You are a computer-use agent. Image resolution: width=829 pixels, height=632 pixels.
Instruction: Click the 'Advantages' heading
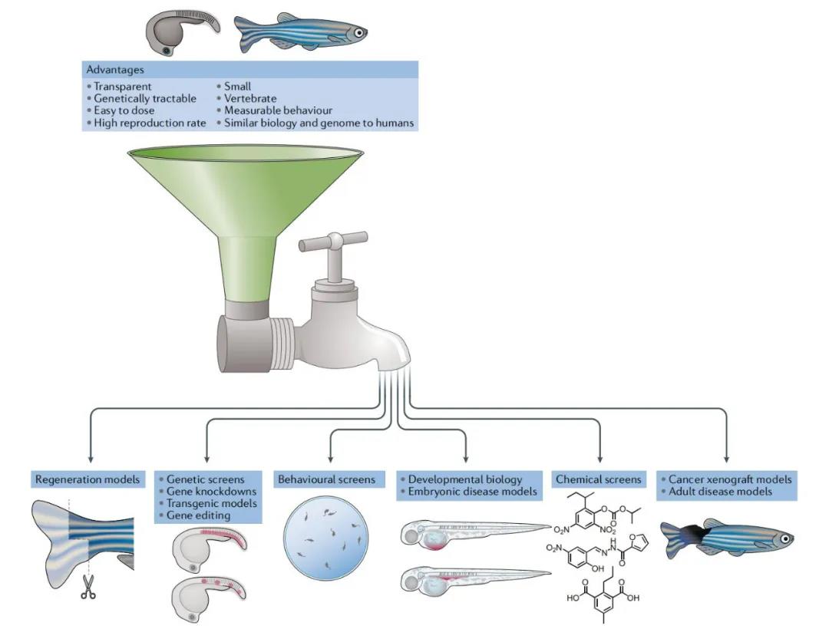(115, 70)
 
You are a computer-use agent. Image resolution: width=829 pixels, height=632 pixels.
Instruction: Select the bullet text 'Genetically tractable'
(145, 98)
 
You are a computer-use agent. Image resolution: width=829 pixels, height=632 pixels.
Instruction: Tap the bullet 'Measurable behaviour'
(278, 110)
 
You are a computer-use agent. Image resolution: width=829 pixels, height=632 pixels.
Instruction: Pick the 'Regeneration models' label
(88, 479)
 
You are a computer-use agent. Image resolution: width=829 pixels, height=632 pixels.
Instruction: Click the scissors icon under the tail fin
(88, 588)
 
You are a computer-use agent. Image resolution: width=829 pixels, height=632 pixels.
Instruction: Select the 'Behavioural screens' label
(327, 479)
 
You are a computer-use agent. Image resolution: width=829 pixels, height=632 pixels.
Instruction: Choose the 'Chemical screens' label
(598, 479)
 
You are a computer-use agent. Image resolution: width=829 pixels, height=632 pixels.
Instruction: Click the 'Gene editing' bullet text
(198, 515)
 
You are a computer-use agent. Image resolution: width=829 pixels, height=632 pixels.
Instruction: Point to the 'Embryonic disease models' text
(473, 492)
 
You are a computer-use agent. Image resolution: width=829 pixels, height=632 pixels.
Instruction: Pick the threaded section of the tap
(284, 339)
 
